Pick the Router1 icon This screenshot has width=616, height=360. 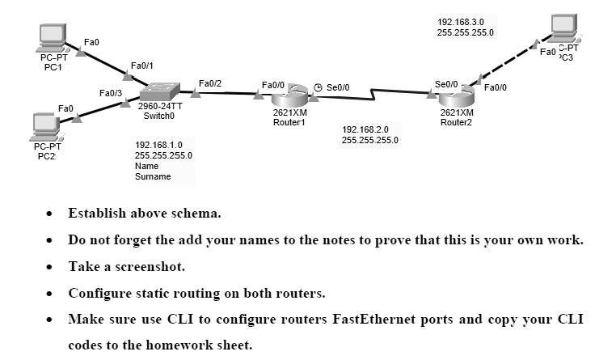289,93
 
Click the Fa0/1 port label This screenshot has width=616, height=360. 141,65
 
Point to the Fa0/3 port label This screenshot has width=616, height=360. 110,94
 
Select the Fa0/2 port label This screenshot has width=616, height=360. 210,83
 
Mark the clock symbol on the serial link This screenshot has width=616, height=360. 319,87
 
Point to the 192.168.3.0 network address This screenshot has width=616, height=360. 461,22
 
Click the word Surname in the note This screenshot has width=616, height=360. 153,176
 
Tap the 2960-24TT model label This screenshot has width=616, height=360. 159,106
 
